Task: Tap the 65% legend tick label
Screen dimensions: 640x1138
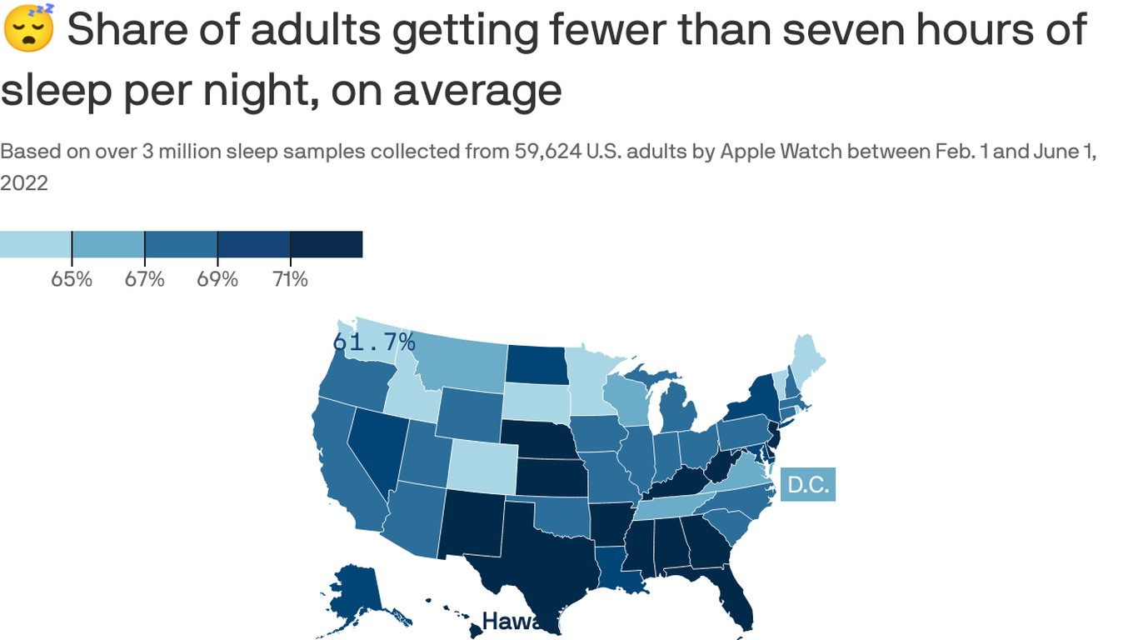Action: pyautogui.click(x=72, y=279)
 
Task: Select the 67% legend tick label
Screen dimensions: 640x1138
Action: pyautogui.click(x=144, y=279)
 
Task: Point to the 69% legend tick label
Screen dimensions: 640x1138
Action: pyautogui.click(x=217, y=279)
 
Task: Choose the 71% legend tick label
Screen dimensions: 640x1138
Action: pyautogui.click(x=290, y=279)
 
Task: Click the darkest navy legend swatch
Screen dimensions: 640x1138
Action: pyautogui.click(x=327, y=244)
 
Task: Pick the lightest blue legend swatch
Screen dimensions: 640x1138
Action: pyautogui.click(x=35, y=244)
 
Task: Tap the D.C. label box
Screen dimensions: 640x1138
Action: pyautogui.click(x=808, y=485)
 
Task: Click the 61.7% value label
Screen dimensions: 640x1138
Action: pyautogui.click(x=374, y=342)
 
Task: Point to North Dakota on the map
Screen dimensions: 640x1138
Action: pyautogui.click(x=537, y=365)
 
